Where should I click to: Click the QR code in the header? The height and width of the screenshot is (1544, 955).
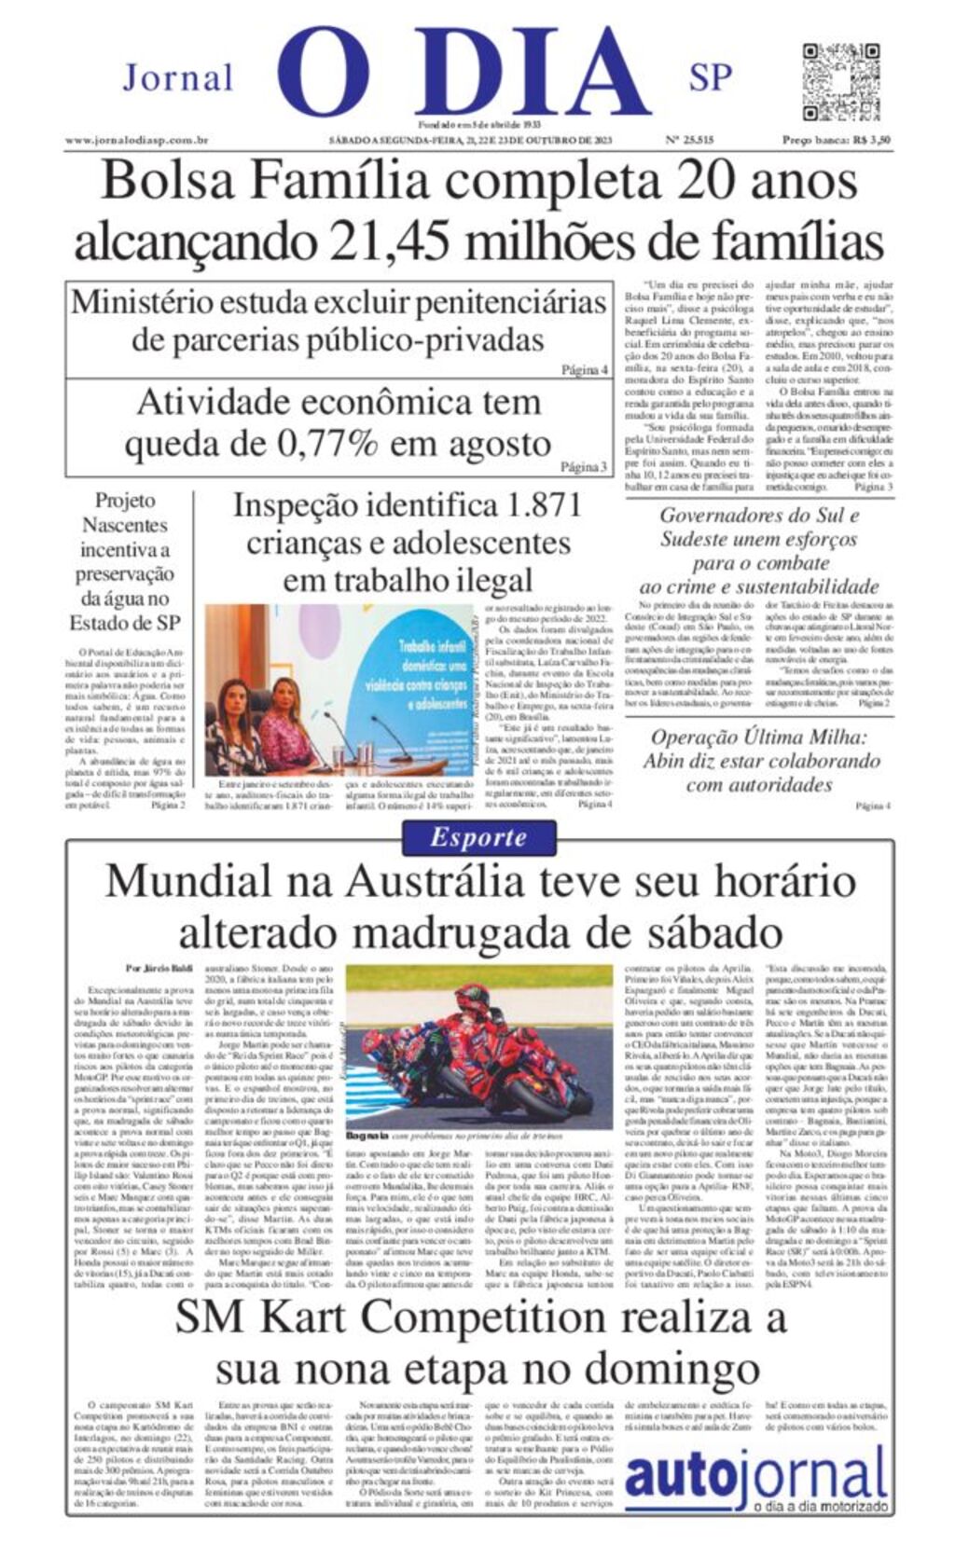pyautogui.click(x=828, y=81)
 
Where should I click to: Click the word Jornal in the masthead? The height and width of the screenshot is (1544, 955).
pyautogui.click(x=177, y=77)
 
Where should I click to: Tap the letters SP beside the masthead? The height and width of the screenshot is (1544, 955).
pyautogui.click(x=710, y=77)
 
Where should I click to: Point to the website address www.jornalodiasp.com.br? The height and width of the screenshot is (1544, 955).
pyautogui.click(x=136, y=141)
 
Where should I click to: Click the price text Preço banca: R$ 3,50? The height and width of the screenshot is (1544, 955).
pyautogui.click(x=836, y=141)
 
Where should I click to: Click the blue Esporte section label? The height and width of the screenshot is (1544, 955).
pyautogui.click(x=478, y=837)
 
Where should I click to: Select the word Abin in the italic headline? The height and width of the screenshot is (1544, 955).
pyautogui.click(x=671, y=761)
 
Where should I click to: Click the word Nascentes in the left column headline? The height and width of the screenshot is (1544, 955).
pyautogui.click(x=124, y=525)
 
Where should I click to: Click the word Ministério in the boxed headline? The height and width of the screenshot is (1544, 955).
pyautogui.click(x=153, y=303)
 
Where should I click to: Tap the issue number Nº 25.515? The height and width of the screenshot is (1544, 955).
pyautogui.click(x=689, y=141)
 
